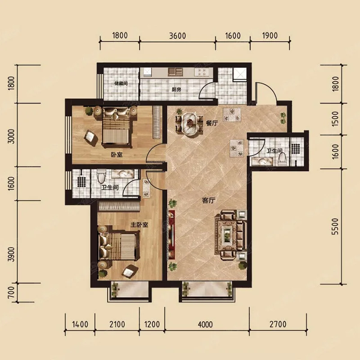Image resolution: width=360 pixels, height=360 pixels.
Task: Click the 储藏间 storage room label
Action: (x=121, y=83)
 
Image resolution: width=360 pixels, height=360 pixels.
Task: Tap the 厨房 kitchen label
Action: (x=176, y=90)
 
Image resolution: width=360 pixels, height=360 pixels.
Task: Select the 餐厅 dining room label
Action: (x=211, y=123)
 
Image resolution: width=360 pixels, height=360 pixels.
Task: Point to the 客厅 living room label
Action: (x=208, y=200)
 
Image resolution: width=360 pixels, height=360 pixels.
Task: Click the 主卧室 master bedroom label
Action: (x=139, y=225)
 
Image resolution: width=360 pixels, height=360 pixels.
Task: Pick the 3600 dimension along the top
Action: (x=177, y=36)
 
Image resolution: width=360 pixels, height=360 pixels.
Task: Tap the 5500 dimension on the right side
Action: (x=335, y=226)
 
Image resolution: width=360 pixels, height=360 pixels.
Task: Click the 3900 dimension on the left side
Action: (x=11, y=254)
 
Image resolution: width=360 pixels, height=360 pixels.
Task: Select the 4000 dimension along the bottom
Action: (x=205, y=324)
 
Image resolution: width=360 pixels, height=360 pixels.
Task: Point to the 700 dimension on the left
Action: (x=11, y=293)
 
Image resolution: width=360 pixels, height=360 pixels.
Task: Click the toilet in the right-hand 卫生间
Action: (x=282, y=159)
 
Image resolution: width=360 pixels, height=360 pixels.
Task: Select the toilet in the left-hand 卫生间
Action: (x=101, y=176)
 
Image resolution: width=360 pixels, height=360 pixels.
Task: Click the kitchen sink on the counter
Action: (x=175, y=72)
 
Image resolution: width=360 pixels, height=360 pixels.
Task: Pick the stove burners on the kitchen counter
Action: (x=200, y=72)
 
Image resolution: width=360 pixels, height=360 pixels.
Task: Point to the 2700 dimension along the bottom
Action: (x=278, y=324)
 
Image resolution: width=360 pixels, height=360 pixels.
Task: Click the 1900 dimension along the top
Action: (x=270, y=36)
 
